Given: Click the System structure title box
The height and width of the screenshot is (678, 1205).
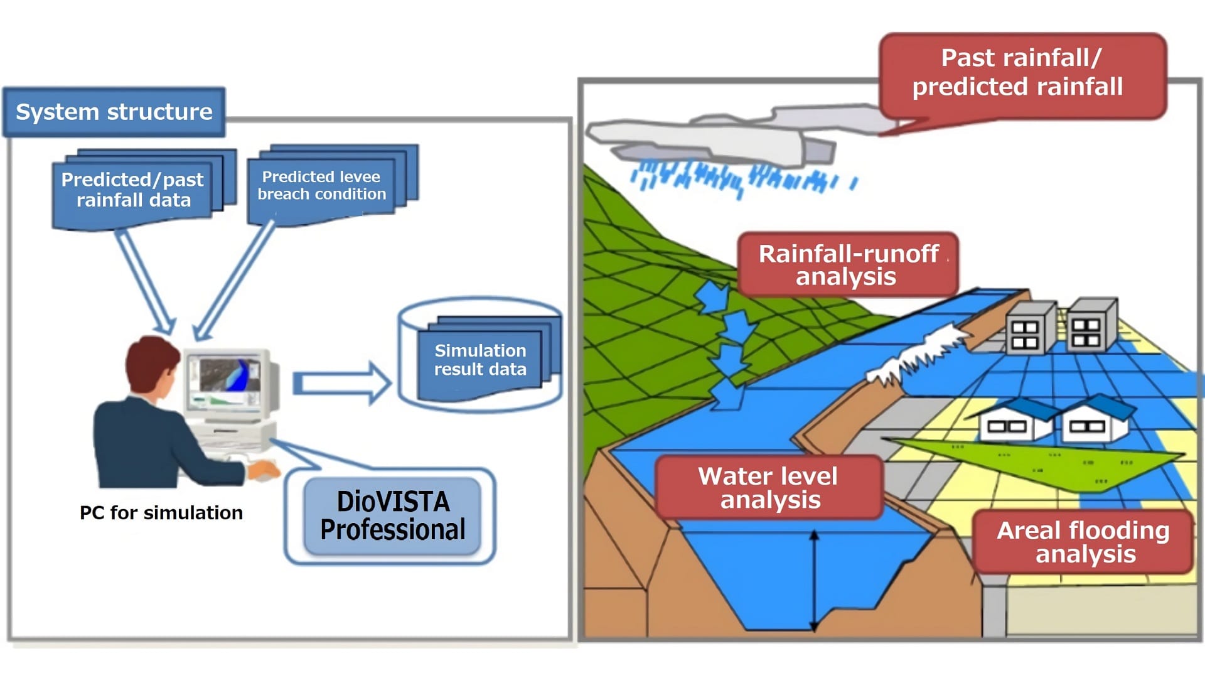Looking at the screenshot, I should coord(114,112).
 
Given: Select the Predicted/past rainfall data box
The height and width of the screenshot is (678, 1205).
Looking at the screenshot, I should coord(132,190).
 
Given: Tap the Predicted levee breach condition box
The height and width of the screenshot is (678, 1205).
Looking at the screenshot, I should coord(321,186).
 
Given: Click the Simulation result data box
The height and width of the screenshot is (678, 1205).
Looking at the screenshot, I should coord(480,360).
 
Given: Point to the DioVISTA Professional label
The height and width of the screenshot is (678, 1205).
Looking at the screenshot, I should coord(392,515).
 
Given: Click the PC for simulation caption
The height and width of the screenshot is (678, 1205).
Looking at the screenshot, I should coord(161,513).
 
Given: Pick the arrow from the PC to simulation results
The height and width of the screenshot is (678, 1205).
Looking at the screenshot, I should coord(341,382).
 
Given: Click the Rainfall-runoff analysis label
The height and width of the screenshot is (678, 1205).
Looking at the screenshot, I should coord(847,264).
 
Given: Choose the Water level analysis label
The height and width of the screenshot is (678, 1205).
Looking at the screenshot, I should coord(768,488).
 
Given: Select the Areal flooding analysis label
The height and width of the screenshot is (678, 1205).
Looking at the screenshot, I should coord(1084,542).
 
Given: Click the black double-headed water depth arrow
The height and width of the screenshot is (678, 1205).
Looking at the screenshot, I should coord(814,581).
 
